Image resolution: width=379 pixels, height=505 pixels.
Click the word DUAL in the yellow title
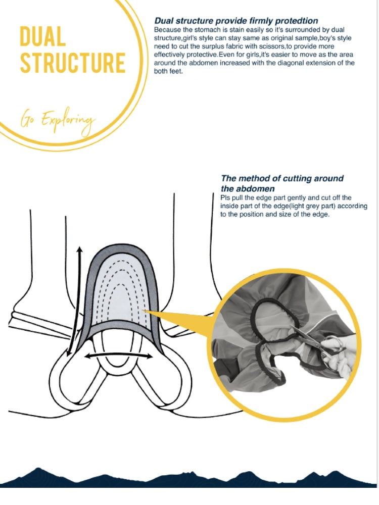point(42,37)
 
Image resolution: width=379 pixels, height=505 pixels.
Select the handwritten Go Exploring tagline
point(57,120)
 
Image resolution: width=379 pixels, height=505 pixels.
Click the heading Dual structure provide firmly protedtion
point(236,21)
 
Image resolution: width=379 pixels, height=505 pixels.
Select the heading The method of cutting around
point(282,178)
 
